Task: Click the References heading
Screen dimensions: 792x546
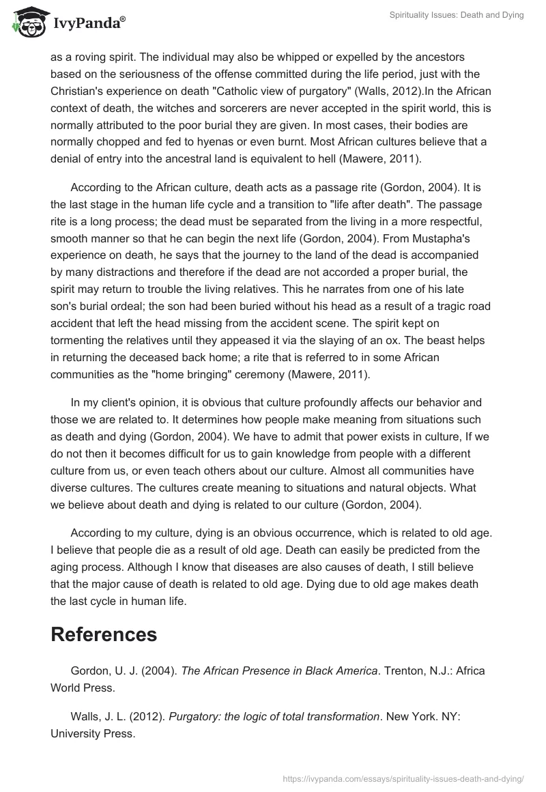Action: [x=104, y=634]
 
